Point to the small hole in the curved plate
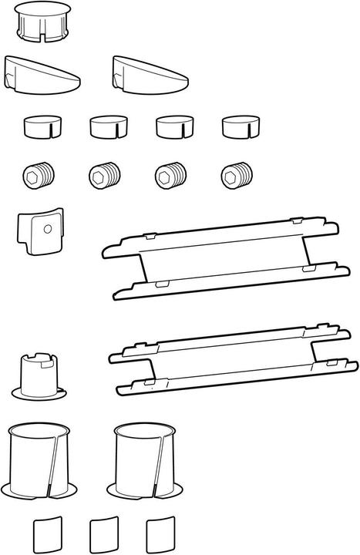point(48,229)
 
